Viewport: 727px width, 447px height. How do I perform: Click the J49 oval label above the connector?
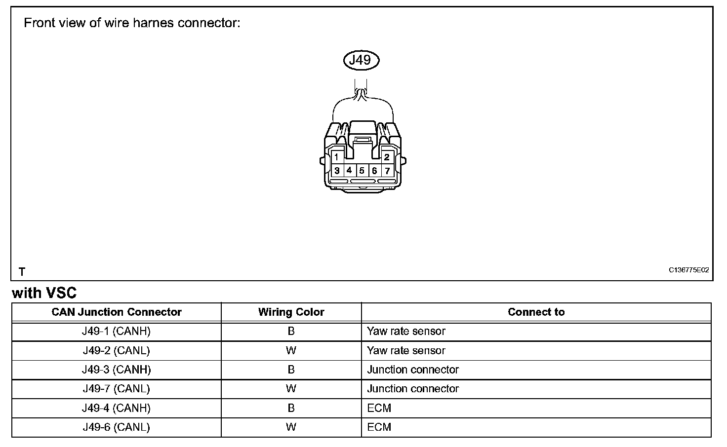361,60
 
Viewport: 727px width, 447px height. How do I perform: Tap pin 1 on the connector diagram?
336,157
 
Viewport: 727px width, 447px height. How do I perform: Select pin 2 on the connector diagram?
387,157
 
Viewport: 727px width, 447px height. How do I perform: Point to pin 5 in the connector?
362,171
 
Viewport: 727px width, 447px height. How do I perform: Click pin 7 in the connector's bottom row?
387,171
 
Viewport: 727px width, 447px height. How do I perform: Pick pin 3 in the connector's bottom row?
337,171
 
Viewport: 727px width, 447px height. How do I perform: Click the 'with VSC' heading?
44,293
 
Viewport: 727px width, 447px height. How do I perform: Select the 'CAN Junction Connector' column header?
117,312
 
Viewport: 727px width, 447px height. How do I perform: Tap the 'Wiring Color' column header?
291,312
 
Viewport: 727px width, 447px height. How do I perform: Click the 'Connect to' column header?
536,312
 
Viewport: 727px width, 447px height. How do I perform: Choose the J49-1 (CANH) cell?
117,331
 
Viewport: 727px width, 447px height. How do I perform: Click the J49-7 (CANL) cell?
117,389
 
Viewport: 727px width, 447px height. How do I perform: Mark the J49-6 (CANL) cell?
117,427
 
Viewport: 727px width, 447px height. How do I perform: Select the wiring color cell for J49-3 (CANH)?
291,370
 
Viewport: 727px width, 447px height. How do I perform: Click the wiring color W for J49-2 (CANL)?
291,351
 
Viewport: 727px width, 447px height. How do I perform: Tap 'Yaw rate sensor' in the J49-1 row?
406,331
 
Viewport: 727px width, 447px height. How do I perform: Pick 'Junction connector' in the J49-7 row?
413,389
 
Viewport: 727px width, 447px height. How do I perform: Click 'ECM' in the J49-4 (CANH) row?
379,408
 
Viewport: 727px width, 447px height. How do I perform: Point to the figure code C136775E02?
688,270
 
